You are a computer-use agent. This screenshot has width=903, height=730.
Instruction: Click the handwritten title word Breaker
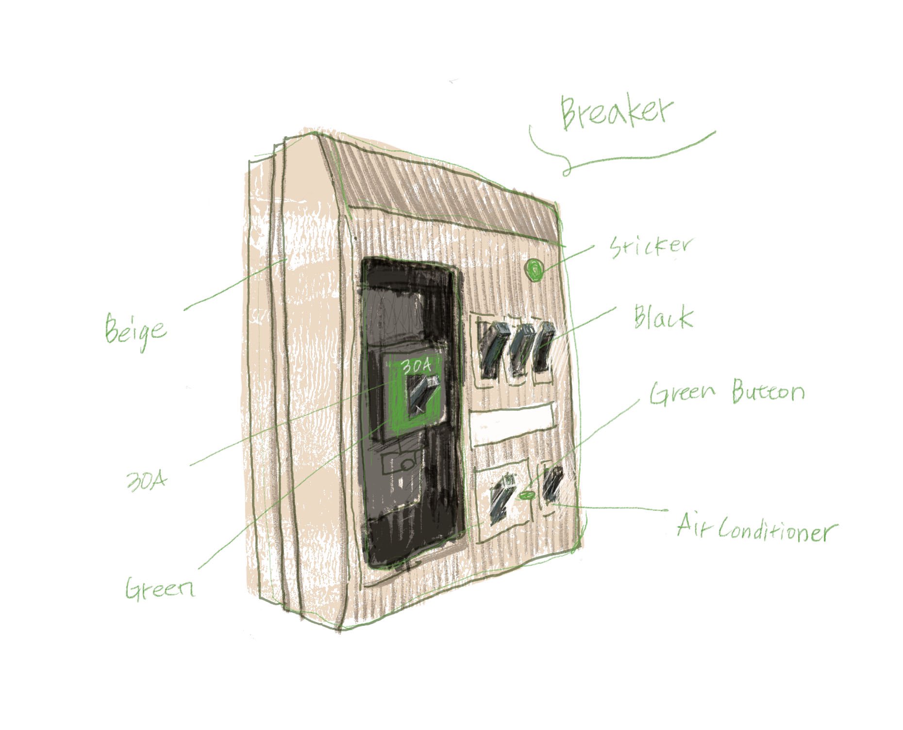[617, 112]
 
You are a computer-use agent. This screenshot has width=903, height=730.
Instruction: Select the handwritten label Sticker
[650, 247]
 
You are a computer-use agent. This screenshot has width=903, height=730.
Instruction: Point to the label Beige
[135, 330]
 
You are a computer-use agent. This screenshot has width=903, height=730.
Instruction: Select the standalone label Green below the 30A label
[160, 589]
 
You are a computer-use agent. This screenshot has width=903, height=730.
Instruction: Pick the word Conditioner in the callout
[777, 531]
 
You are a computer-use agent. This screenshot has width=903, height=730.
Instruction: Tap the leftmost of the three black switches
[494, 350]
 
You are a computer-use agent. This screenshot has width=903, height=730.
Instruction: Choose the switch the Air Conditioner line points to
[552, 486]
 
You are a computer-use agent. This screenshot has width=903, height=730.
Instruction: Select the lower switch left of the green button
[501, 498]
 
